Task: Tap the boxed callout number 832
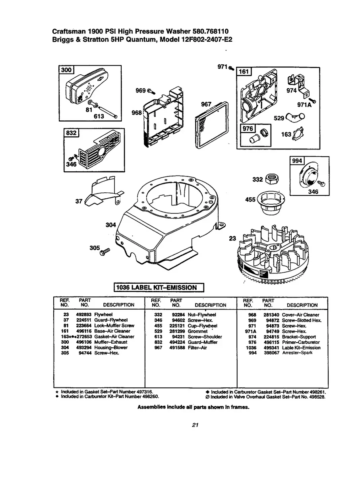click(x=72, y=133)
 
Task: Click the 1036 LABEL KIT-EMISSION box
click(x=159, y=287)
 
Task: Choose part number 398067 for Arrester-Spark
click(x=273, y=352)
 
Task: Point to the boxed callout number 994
click(x=297, y=161)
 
